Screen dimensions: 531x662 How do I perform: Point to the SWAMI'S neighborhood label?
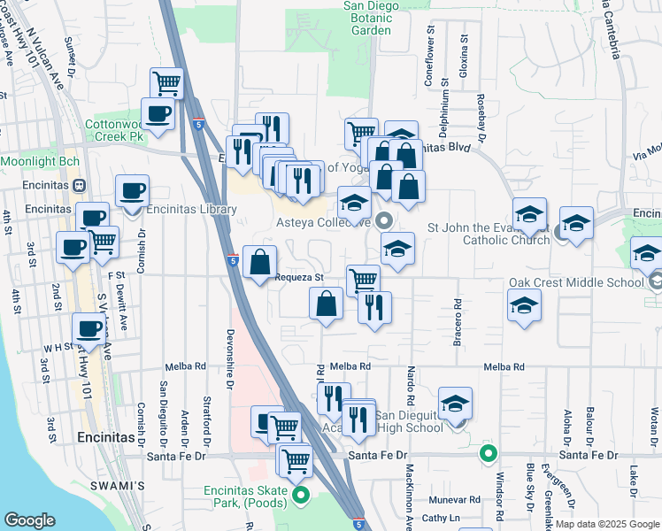pos(117,486)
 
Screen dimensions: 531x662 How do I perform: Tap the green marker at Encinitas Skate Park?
pos(301,495)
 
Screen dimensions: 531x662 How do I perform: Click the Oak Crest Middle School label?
pos(576,283)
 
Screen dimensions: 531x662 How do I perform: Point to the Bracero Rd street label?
pos(458,316)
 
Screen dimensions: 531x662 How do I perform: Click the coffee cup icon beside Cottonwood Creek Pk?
pos(158,114)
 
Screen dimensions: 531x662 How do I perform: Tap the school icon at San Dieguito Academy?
pos(455,403)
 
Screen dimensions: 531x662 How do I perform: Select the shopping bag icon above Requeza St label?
pos(259,262)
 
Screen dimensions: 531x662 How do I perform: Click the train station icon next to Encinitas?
pos(78,187)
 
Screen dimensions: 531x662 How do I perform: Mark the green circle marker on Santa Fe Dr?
pos(488,455)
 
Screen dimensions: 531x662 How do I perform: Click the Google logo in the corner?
pos(29,520)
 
